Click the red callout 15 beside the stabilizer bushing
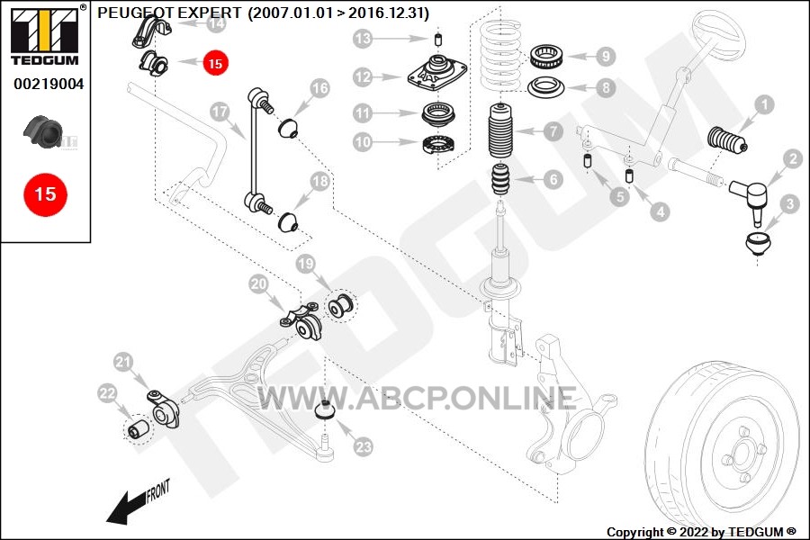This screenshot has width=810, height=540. point(215,63)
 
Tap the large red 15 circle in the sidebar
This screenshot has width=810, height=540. point(46,194)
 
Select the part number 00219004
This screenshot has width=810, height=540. point(49,84)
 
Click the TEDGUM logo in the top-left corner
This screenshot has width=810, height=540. point(45,35)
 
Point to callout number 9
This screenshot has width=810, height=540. point(606,56)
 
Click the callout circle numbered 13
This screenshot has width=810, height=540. point(364,38)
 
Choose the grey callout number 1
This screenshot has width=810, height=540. point(764,105)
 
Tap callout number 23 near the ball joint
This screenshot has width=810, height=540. point(364,446)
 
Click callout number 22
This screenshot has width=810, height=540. point(107,394)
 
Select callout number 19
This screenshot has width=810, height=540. point(306,264)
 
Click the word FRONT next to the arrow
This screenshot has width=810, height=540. point(158,491)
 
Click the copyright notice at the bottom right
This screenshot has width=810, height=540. point(701,532)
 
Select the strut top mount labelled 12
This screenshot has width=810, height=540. point(437,73)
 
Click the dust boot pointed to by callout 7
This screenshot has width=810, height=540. point(501,135)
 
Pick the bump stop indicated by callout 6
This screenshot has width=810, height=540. point(499,179)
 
